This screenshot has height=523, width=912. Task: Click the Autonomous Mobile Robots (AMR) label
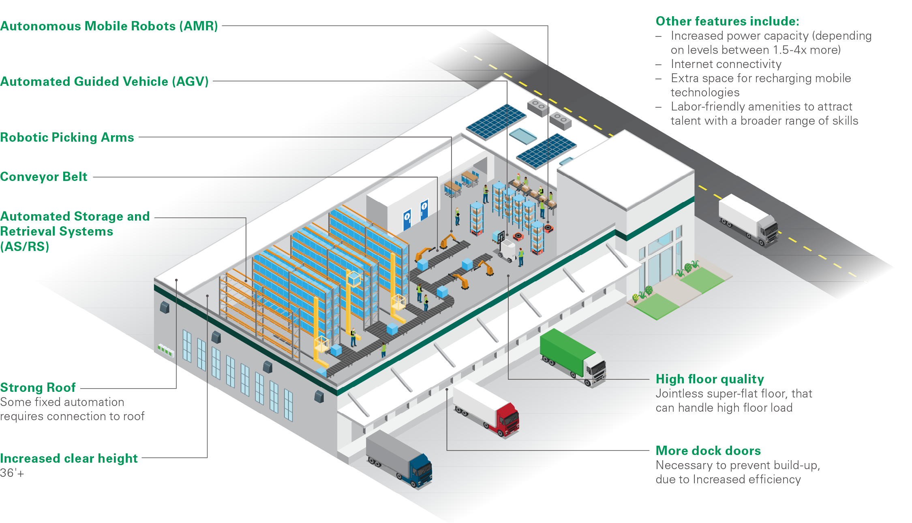pyautogui.click(x=109, y=26)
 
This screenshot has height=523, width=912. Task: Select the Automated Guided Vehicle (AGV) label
pyautogui.click(x=104, y=81)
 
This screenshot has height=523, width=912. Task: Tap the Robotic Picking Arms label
pyautogui.click(x=67, y=137)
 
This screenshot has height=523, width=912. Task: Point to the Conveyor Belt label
pyautogui.click(x=44, y=176)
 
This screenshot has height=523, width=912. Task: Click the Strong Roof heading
pyautogui.click(x=38, y=387)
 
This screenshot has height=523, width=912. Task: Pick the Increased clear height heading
pyautogui.click(x=69, y=458)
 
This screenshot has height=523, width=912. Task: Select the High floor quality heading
pyautogui.click(x=710, y=379)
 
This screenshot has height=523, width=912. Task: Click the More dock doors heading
pyautogui.click(x=708, y=451)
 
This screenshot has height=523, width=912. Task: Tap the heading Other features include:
pyautogui.click(x=727, y=21)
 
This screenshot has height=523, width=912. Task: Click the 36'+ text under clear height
pyautogui.click(x=12, y=473)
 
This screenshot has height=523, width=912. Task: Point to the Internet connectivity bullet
pyautogui.click(x=726, y=64)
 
